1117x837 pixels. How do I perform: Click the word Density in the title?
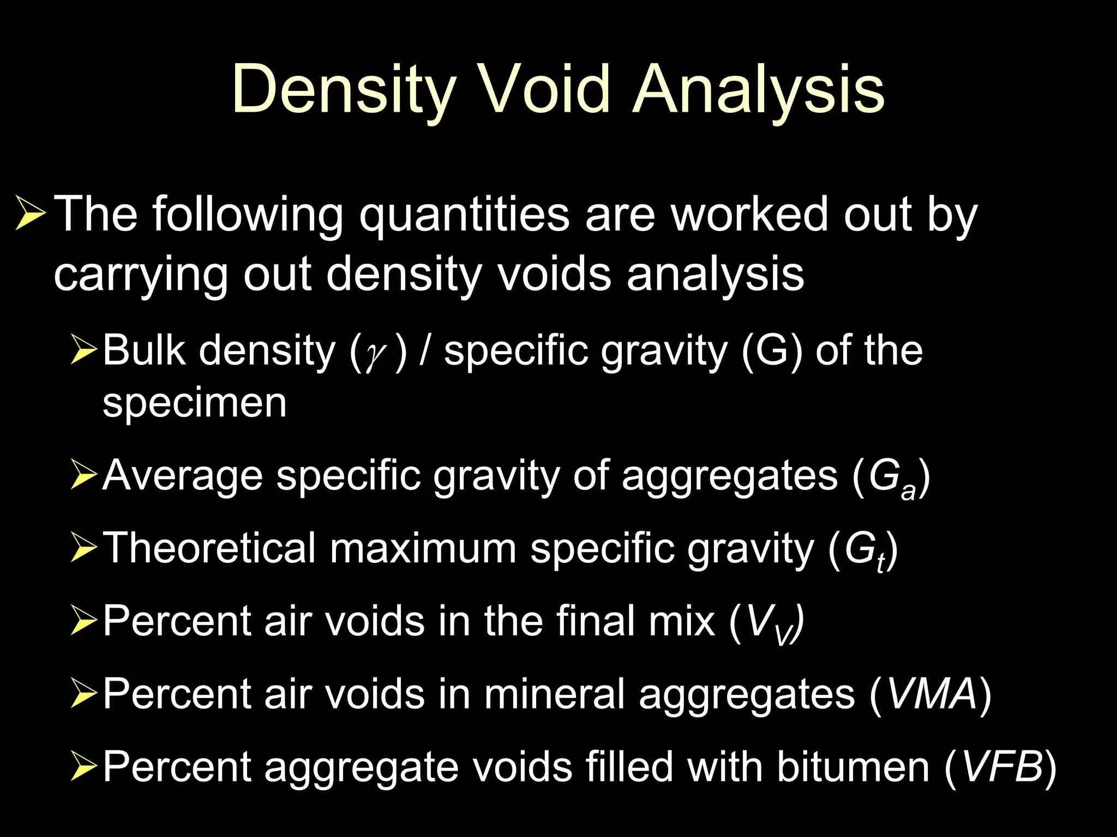click(x=344, y=90)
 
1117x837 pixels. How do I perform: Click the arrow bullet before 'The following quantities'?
click(x=29, y=214)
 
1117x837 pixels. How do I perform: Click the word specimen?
click(x=194, y=404)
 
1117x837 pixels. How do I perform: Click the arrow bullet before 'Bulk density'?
click(x=83, y=350)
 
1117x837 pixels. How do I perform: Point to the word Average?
click(x=183, y=476)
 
